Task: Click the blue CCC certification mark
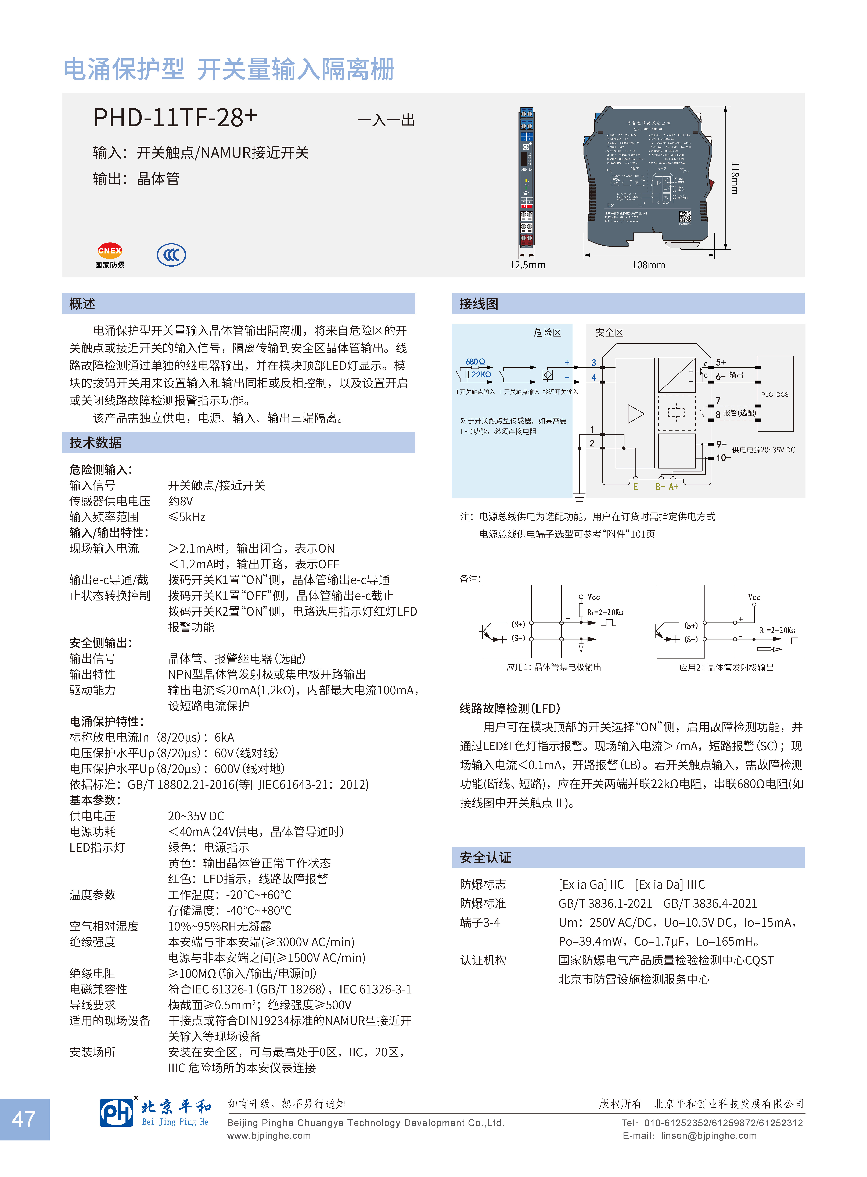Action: [x=171, y=255]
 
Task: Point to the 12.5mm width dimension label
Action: [x=527, y=265]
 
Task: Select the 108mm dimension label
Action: [x=648, y=265]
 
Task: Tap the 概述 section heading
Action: [x=82, y=304]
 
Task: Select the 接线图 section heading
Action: [x=479, y=304]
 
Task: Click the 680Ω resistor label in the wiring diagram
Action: [x=475, y=362]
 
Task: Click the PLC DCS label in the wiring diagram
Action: [x=775, y=395]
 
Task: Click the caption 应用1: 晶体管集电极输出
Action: [x=554, y=667]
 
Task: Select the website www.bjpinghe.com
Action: [x=269, y=1136]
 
